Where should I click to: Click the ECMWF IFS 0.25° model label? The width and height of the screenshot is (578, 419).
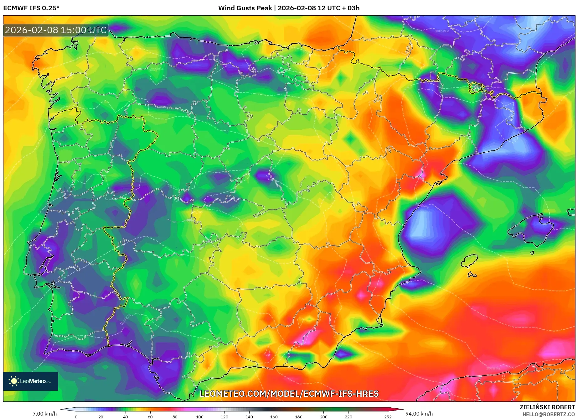pyautogui.click(x=31, y=8)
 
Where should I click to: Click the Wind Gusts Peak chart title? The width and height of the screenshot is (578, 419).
pyautogui.click(x=289, y=8)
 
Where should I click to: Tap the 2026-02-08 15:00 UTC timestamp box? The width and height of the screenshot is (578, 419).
pyautogui.click(x=56, y=30)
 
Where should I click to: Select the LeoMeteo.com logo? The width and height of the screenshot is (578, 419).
pyautogui.click(x=31, y=381)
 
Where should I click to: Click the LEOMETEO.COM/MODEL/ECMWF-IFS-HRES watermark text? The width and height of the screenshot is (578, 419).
pyautogui.click(x=289, y=394)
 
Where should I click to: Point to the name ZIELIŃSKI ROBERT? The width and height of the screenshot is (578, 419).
pyautogui.click(x=547, y=407)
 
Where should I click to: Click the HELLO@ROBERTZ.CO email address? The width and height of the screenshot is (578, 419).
pyautogui.click(x=548, y=414)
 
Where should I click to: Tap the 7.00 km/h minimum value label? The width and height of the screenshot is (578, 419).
pyautogui.click(x=45, y=414)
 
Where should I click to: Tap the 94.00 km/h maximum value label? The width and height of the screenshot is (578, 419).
pyautogui.click(x=419, y=414)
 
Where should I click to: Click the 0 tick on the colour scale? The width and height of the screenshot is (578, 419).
pyautogui.click(x=76, y=417)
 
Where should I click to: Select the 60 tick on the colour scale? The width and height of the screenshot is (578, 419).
pyautogui.click(x=150, y=417)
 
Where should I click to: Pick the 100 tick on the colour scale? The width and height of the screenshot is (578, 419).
pyautogui.click(x=200, y=417)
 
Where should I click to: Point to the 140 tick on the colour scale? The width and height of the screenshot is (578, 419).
pyautogui.click(x=249, y=417)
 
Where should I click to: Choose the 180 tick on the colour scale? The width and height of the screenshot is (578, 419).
pyautogui.click(x=299, y=417)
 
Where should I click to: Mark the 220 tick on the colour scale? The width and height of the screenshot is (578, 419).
pyautogui.click(x=348, y=417)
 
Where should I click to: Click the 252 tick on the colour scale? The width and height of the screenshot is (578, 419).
pyautogui.click(x=388, y=417)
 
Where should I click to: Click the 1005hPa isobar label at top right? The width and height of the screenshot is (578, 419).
pyautogui.click(x=442, y=31)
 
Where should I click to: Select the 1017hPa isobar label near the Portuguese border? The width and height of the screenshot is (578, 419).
pyautogui.click(x=125, y=320)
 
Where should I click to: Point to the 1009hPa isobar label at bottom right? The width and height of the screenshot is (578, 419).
pyautogui.click(x=493, y=368)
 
